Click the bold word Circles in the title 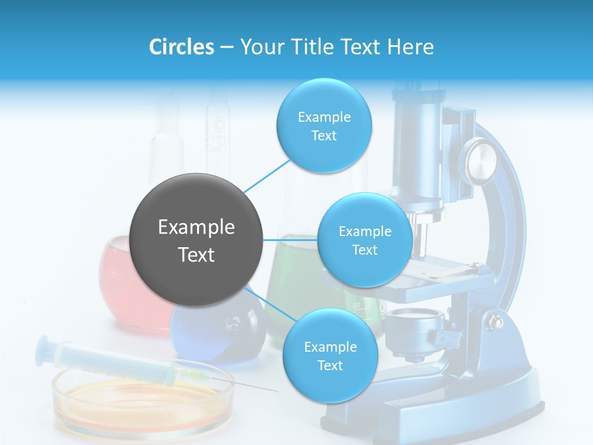182,47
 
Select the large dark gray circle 196,240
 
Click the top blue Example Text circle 324,126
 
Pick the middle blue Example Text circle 364,240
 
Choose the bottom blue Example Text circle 330,356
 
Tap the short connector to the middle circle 290,240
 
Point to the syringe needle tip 275,391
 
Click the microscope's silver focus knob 481,160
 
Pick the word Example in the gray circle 196,227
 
